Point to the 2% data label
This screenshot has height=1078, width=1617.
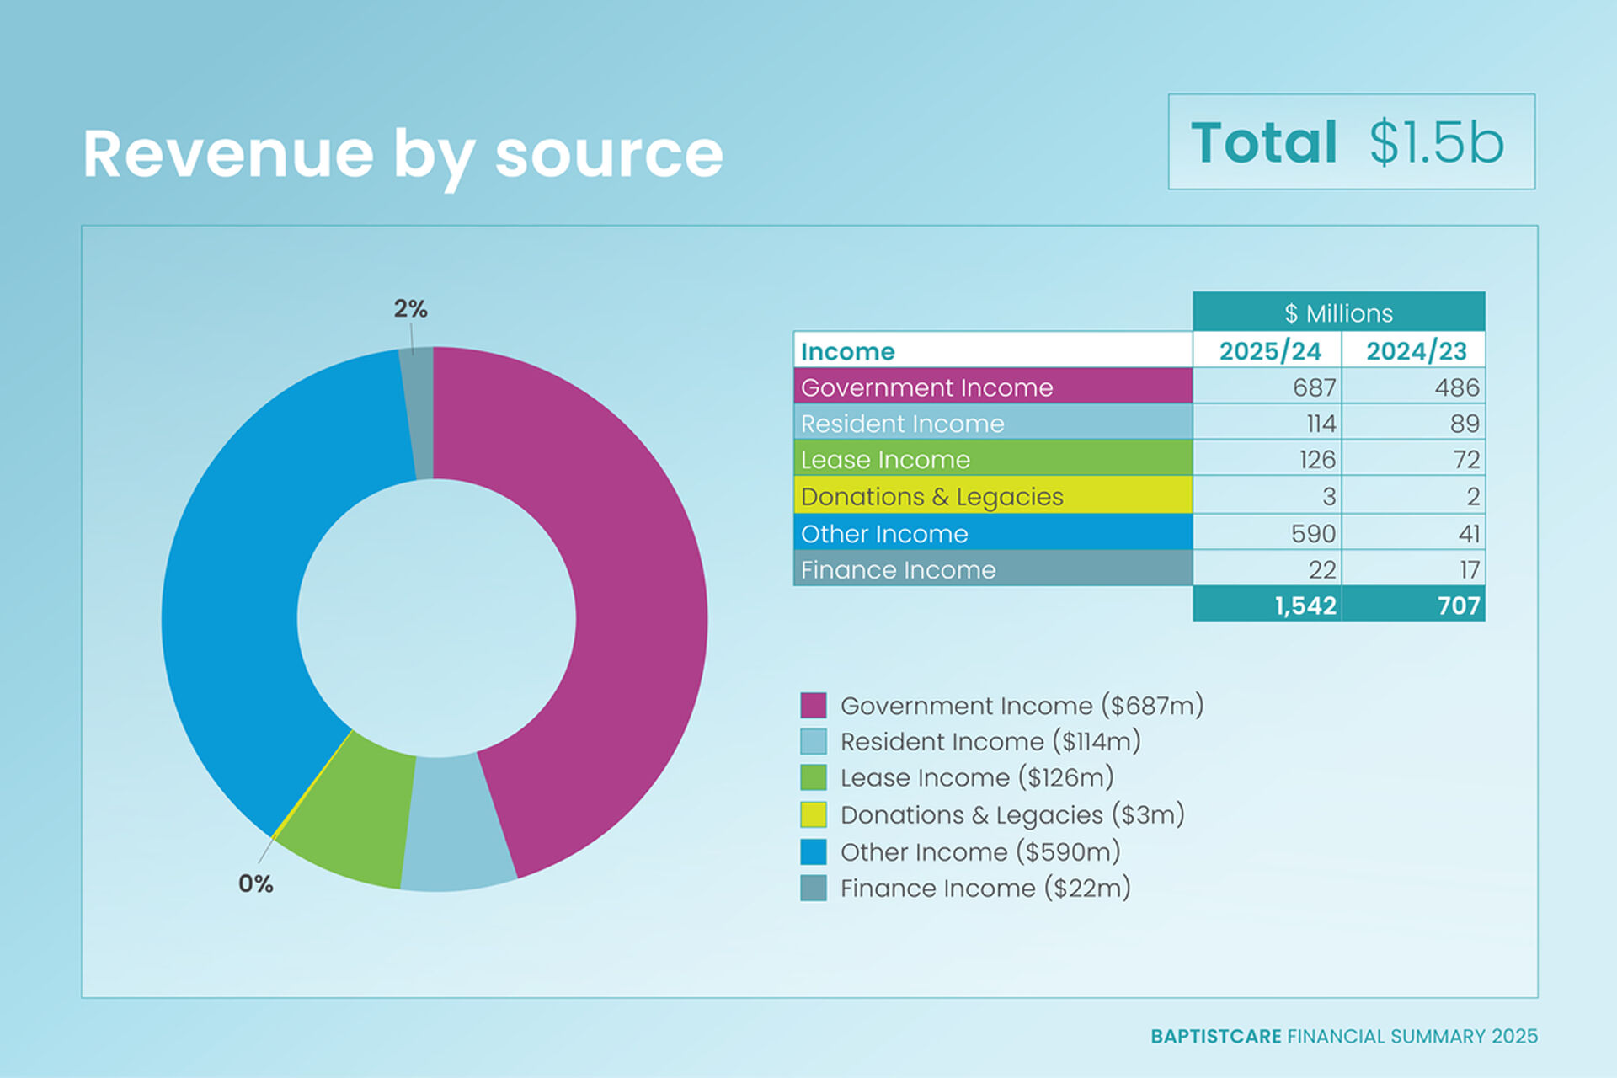pyautogui.click(x=410, y=309)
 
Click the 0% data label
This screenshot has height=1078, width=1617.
pyautogui.click(x=255, y=883)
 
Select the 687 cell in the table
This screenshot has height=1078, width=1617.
pyautogui.click(x=1314, y=387)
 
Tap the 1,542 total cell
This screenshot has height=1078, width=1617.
pyautogui.click(x=1305, y=606)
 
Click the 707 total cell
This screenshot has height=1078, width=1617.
pyautogui.click(x=1458, y=606)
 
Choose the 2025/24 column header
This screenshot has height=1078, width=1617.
pyautogui.click(x=1269, y=350)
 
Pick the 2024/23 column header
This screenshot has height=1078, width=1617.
pyautogui.click(x=1416, y=350)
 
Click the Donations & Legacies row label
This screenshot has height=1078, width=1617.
pyautogui.click(x=931, y=496)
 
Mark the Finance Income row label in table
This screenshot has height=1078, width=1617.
pyautogui.click(x=898, y=570)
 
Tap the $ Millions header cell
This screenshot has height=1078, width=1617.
pyautogui.click(x=1338, y=312)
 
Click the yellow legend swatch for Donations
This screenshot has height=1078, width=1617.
pyautogui.click(x=813, y=814)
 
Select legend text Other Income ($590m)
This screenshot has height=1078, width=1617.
pyautogui.click(x=980, y=851)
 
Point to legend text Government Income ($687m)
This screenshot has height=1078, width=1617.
pyautogui.click(x=1022, y=705)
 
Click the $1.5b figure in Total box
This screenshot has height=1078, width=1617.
pyautogui.click(x=1436, y=142)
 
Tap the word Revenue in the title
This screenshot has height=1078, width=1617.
pyautogui.click(x=228, y=153)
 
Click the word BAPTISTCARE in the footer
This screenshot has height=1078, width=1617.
pyautogui.click(x=1215, y=1036)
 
